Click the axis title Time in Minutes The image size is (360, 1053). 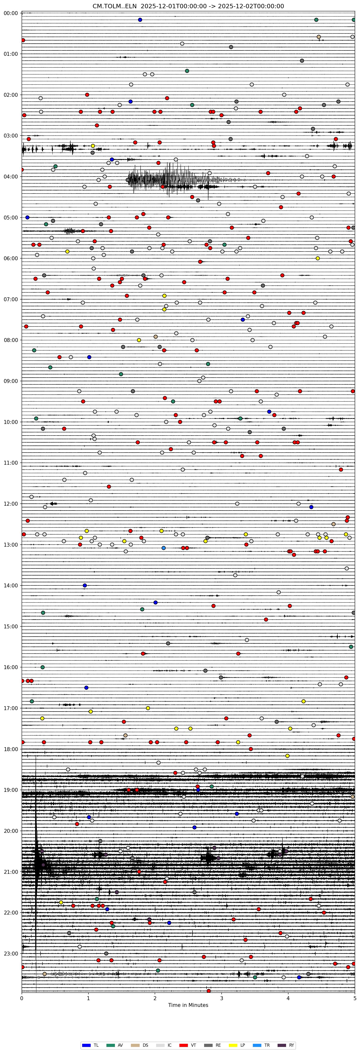click(x=188, y=1005)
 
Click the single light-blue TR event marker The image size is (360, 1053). click(x=163, y=548)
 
